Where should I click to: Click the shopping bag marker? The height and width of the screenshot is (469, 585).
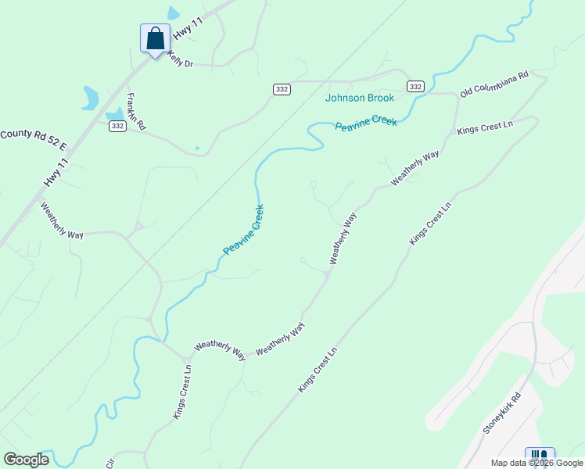pos(155,38)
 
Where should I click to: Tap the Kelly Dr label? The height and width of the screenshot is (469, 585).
pos(179,61)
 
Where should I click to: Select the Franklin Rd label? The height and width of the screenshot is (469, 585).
pos(136,111)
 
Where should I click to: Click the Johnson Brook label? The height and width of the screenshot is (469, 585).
pos(360,98)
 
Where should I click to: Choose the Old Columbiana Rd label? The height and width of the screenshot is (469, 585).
pos(494,84)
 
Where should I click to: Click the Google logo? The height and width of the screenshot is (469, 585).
pos(27,460)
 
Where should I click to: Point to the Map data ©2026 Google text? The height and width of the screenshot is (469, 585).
pos(536,463)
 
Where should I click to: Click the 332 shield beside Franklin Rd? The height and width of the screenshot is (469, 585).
pos(117,126)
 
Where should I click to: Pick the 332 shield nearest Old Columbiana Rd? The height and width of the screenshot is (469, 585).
pos(415,86)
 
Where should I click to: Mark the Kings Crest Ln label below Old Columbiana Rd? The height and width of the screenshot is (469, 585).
pos(485,127)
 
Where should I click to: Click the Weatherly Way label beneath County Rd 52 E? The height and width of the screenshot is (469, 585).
pos(62,220)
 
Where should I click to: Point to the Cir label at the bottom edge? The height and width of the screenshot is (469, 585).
pos(109,463)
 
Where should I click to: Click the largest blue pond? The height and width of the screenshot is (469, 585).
pos(90,98)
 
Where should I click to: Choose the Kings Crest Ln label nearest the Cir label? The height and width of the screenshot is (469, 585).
pos(182,392)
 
